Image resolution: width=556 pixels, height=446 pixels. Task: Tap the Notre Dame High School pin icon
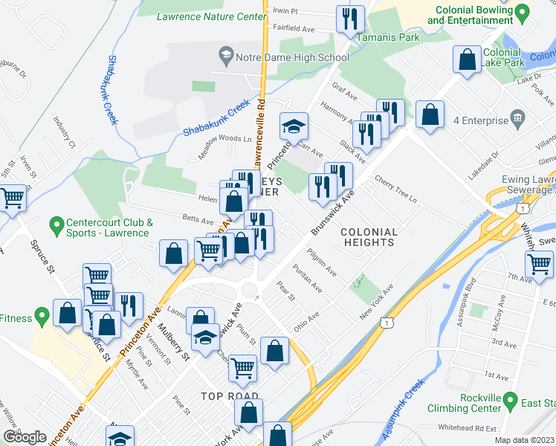tap(224, 56)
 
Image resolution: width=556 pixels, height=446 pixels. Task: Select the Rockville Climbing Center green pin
tap(510, 401)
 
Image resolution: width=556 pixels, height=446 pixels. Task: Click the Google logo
tap(25, 437)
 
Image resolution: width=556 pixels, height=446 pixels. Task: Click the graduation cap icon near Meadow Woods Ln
tap(294, 126)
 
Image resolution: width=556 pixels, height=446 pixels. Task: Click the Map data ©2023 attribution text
tap(524, 440)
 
